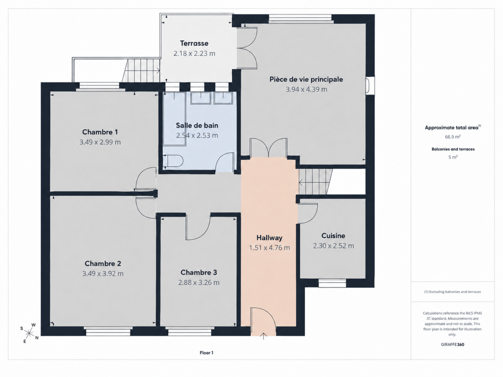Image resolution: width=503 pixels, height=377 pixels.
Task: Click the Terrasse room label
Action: point(194,43)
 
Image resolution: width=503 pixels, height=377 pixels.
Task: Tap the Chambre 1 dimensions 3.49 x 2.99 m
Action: point(100,142)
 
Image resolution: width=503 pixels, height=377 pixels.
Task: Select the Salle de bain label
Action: point(197,125)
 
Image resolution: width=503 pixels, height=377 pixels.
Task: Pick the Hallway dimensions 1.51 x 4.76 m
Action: point(269,248)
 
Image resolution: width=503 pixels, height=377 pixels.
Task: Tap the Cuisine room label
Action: point(333,236)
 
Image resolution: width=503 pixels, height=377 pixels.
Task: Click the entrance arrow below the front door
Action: point(263,336)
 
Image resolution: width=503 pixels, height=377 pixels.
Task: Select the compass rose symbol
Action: point(29,333)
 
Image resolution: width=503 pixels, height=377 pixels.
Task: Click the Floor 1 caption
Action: point(206,353)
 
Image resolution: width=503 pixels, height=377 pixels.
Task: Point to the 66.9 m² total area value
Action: point(453,137)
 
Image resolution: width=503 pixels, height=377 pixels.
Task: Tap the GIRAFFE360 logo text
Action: point(452,344)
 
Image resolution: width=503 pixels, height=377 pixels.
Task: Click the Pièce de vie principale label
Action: point(306,79)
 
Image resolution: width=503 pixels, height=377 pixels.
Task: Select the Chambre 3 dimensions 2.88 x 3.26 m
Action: point(199,282)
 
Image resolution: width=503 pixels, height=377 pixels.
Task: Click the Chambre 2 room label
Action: point(103,264)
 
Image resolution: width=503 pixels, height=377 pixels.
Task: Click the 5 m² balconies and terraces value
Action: point(453,157)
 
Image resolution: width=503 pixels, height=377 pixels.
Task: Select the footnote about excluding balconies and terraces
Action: point(452,292)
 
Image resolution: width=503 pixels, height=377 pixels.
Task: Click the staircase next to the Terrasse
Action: point(141,70)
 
